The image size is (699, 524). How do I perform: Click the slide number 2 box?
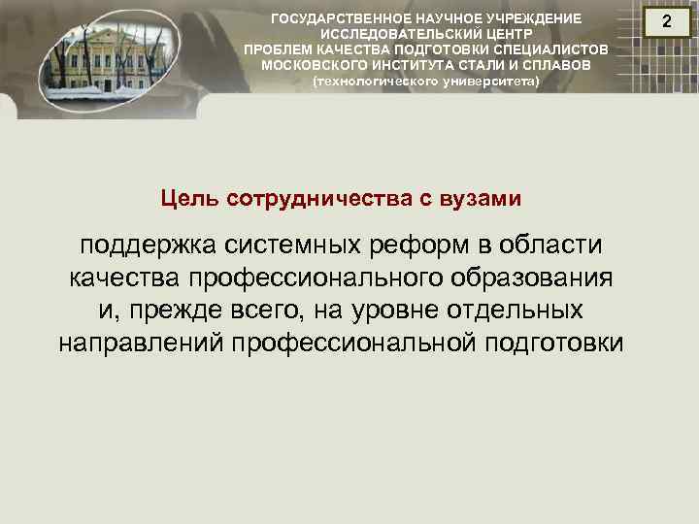666,22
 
